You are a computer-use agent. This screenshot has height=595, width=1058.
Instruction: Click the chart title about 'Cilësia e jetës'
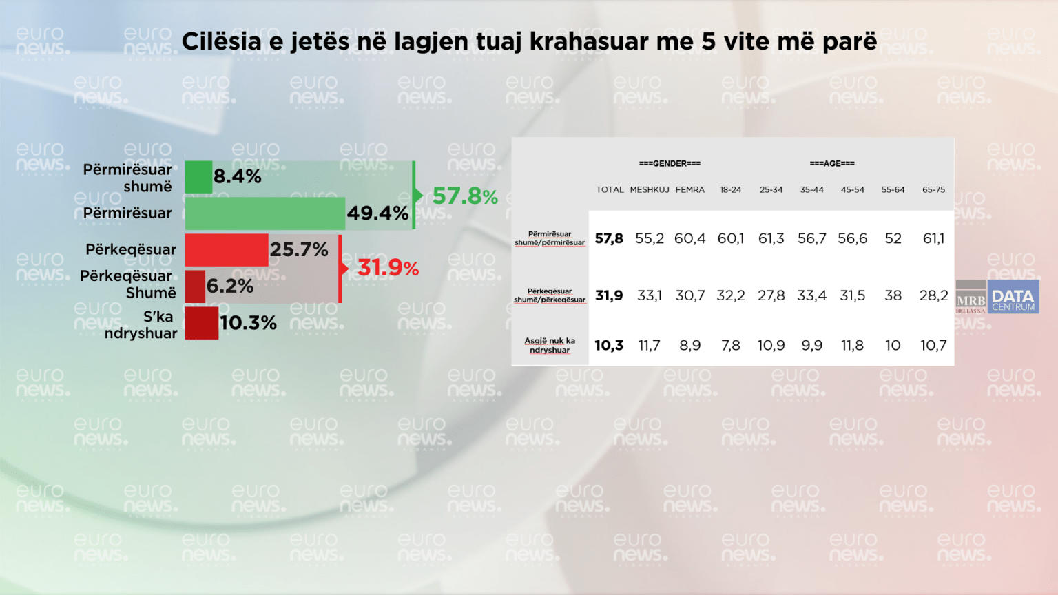click(529, 41)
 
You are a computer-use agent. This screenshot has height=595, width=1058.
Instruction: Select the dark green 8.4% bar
click(198, 177)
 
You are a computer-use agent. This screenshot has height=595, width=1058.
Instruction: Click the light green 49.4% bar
click(264, 213)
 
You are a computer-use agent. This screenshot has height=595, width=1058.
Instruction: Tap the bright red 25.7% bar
click(227, 250)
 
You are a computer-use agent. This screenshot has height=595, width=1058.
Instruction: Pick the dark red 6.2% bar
click(195, 286)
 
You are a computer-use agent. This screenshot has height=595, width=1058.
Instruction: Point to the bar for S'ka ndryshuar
click(202, 323)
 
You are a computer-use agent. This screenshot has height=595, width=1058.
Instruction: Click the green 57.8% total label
click(465, 196)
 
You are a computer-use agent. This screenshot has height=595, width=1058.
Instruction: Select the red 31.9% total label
click(388, 268)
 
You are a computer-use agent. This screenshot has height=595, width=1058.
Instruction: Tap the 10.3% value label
click(248, 323)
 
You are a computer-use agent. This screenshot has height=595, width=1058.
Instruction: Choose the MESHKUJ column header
click(650, 190)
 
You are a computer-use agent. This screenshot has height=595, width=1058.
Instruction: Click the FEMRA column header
click(690, 190)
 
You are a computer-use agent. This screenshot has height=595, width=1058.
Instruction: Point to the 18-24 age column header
click(731, 190)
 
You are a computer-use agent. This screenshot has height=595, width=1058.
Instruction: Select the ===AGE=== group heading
click(832, 164)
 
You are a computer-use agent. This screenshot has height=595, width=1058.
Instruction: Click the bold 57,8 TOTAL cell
click(609, 239)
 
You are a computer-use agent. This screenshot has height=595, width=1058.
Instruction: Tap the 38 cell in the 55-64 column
click(893, 295)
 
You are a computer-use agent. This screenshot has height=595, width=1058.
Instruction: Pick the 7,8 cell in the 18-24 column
click(731, 345)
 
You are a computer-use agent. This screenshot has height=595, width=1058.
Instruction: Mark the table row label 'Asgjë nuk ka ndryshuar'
click(550, 345)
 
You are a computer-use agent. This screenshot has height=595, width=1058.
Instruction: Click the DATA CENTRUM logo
click(1013, 297)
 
